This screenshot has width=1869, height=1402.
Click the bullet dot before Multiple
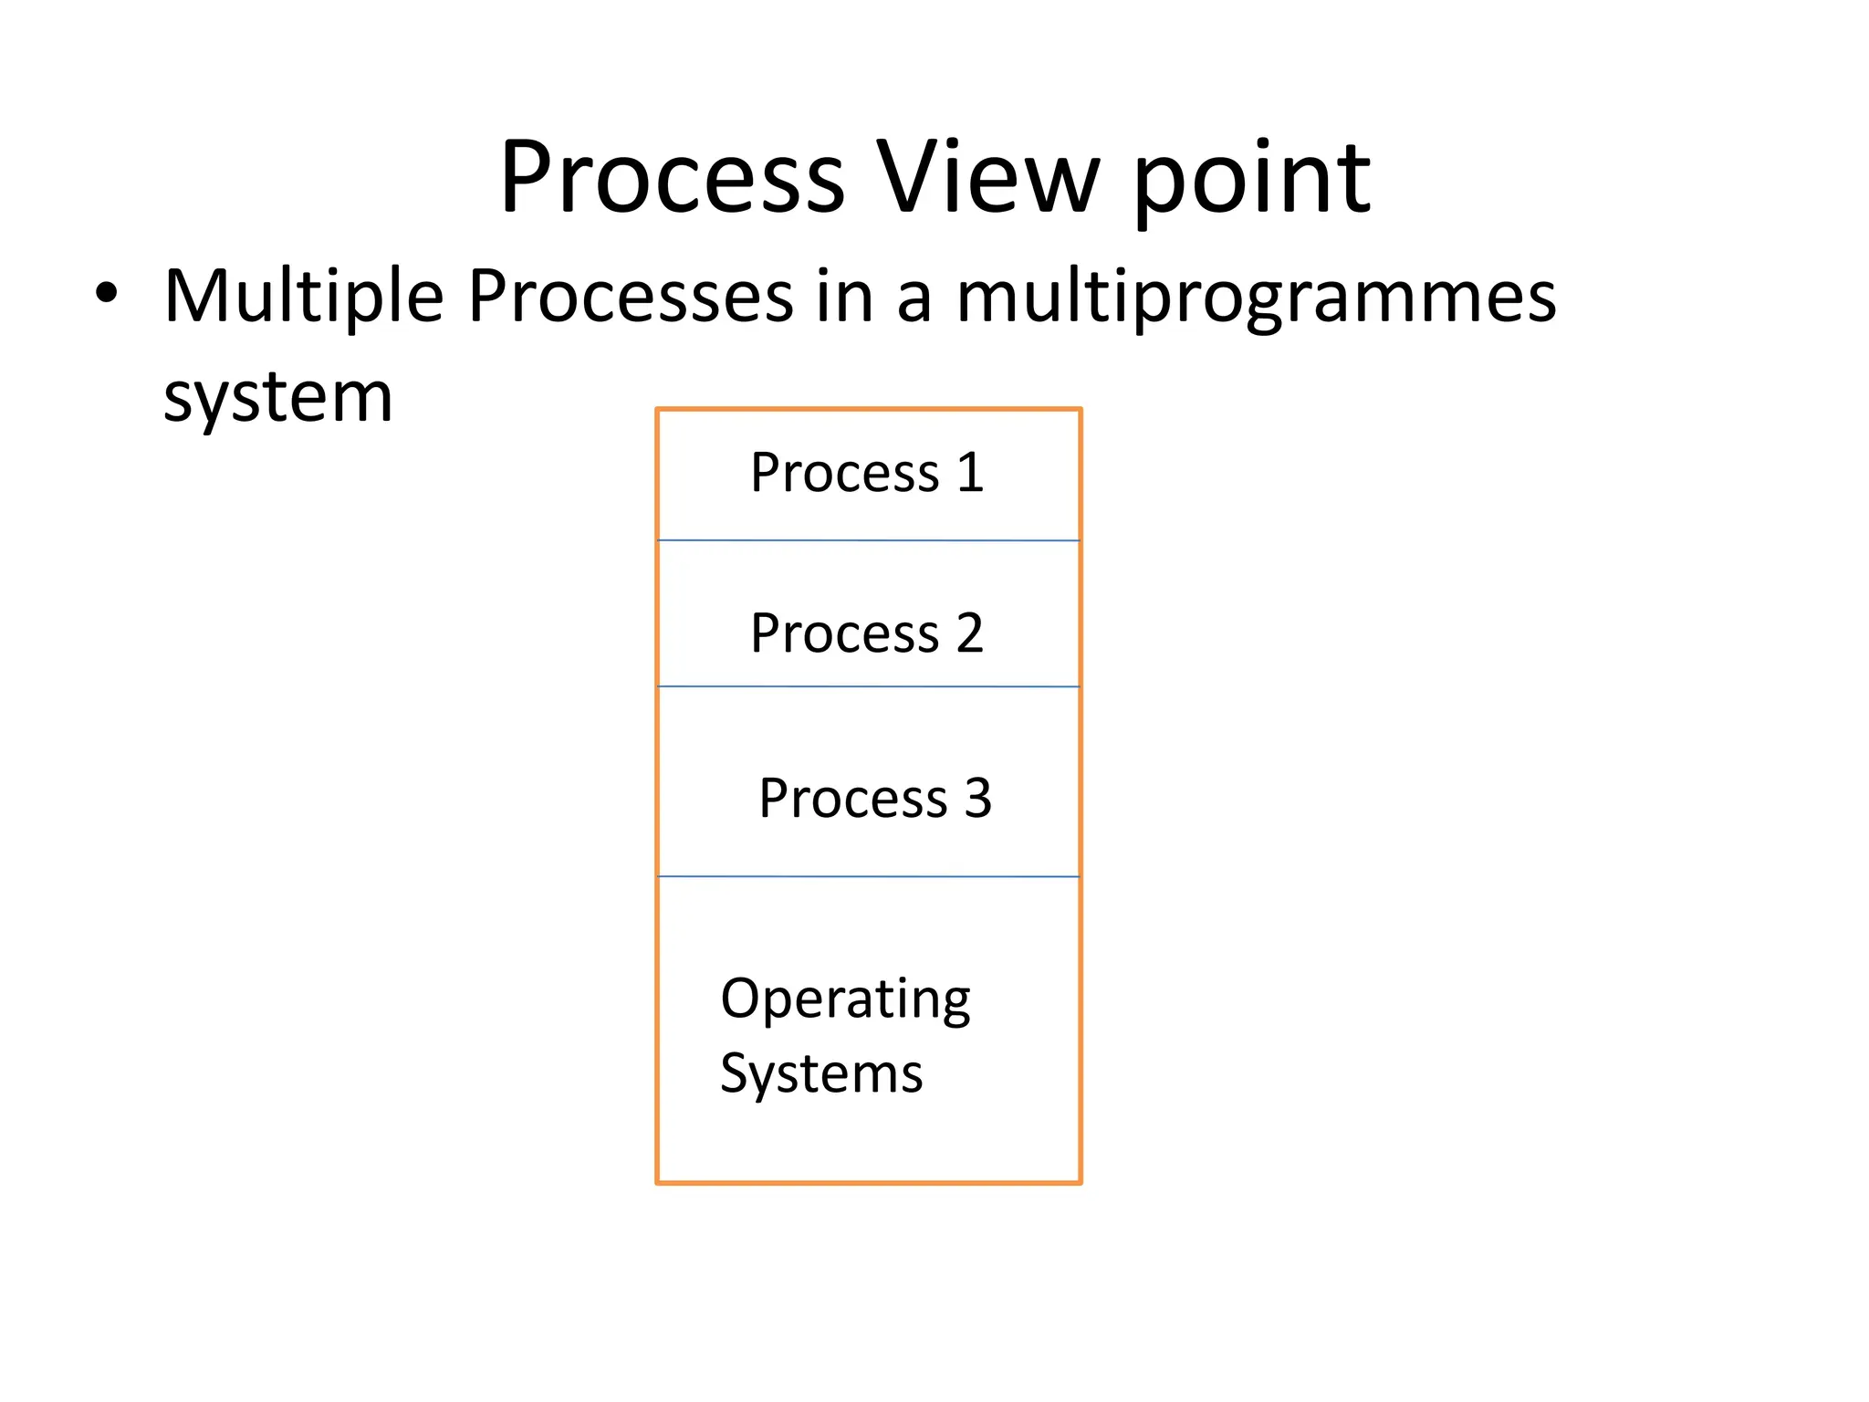point(107,293)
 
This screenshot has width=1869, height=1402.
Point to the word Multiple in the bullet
point(303,297)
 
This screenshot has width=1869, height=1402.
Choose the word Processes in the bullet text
point(631,297)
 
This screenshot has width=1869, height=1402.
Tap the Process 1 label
point(867,473)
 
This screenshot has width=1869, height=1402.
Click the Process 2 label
point(867,633)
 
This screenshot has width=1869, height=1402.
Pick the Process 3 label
point(874,798)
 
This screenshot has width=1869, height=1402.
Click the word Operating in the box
point(845,999)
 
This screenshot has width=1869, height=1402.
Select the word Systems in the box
point(821,1074)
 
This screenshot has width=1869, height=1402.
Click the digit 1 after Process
point(971,473)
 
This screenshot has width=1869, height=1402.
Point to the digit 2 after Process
point(969,633)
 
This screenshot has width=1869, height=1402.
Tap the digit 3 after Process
point(977,798)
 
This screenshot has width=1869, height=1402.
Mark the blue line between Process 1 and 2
point(868,540)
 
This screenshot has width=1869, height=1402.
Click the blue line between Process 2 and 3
point(868,685)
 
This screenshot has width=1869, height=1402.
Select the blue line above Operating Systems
point(868,876)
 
